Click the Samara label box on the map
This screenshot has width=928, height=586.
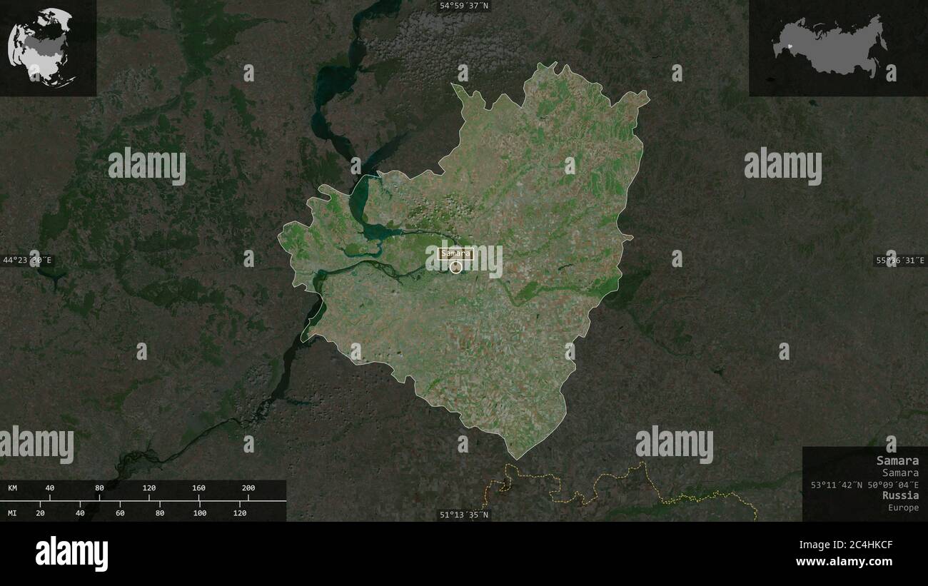(455, 253)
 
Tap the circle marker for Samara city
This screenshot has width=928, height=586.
(455, 267)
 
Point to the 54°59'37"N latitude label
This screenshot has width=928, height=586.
(464, 6)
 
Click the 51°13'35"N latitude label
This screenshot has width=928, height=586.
(464, 515)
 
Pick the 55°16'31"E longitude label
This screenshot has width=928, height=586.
(900, 261)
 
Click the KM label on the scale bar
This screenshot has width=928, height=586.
(13, 488)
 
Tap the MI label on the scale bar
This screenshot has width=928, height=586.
(13, 512)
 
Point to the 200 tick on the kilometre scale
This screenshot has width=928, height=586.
(248, 488)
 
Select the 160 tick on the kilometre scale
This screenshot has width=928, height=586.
(198, 488)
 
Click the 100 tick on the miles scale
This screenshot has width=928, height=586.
(200, 512)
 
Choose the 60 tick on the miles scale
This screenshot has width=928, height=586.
(120, 512)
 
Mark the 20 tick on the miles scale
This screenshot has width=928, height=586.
(40, 512)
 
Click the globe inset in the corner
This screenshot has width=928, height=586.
(41, 47)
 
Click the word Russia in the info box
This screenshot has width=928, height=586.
(900, 495)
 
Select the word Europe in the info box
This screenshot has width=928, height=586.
(904, 507)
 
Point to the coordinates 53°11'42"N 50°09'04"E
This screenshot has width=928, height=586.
(864, 485)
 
